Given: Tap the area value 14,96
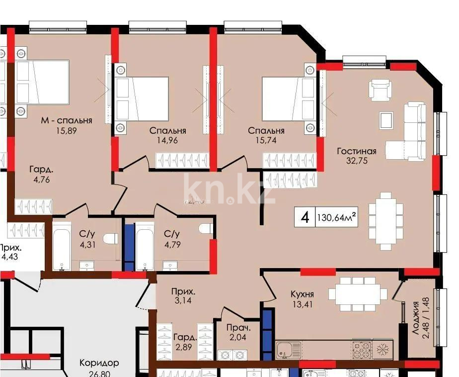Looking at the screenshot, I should click(167, 140).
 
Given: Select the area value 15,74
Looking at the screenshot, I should click(266, 140).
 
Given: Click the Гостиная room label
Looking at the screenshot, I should click(356, 151).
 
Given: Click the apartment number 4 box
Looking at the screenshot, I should click(305, 217).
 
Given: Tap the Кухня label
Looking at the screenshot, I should click(302, 294).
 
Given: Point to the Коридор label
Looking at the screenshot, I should click(99, 363).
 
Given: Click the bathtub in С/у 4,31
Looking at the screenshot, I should click(63, 247).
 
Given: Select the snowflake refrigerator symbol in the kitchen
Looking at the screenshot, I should click(382, 350).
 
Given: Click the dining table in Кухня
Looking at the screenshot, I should click(357, 294).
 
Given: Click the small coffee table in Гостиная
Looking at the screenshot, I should click(385, 120).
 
